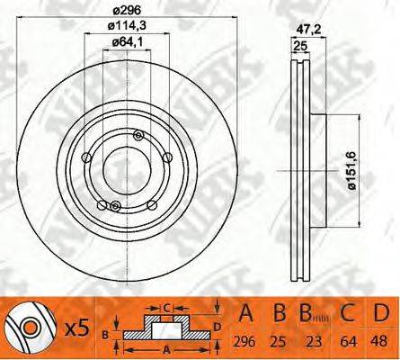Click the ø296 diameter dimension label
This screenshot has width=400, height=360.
pos(127,11)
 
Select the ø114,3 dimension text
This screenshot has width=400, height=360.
pos(127,26)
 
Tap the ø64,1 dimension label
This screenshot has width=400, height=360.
pos(127,42)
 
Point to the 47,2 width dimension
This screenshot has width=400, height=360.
pos(308,30)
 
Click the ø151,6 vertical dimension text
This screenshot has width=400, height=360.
pos(351,171)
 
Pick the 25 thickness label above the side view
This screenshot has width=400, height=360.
pos(300,46)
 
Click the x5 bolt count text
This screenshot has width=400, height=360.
pos(77,328)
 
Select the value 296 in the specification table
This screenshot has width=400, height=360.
pos(244,341)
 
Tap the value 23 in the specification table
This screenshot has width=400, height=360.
pos(315,341)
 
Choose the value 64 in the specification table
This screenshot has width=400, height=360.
pos(349,341)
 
